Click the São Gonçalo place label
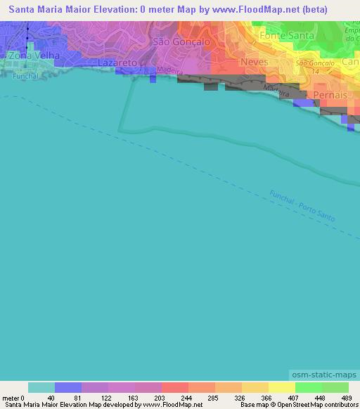[181, 41]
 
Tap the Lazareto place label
[117, 63]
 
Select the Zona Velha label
[30, 55]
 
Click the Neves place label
[254, 62]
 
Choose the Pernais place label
[332, 94]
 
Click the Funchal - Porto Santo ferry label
[302, 206]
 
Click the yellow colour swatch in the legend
[281, 387]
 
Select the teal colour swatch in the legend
[41, 387]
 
